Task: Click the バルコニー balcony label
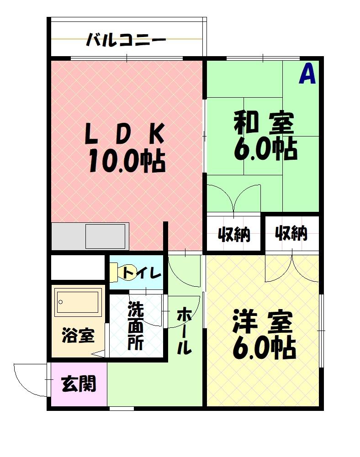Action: click(126, 40)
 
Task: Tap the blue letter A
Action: click(307, 74)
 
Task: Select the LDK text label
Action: click(124, 134)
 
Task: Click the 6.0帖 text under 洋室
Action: click(264, 349)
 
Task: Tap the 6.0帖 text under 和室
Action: click(265, 148)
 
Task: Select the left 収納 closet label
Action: click(233, 235)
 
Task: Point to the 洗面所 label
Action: click(136, 326)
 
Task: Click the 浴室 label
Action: click(78, 336)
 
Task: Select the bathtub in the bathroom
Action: click(77, 302)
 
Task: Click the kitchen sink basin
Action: click(105, 236)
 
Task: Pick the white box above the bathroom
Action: click(77, 268)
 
